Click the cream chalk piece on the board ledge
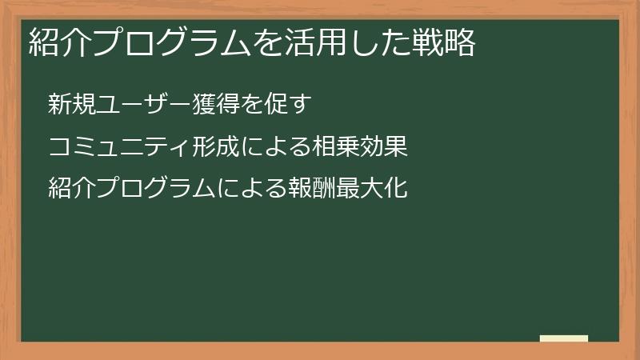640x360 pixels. click(x=564, y=338)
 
